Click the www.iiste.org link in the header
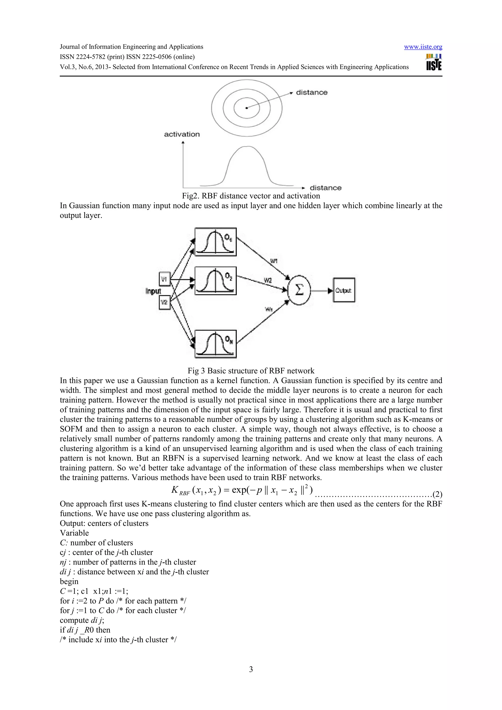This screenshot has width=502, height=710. (423, 47)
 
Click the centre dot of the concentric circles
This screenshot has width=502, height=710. (247, 108)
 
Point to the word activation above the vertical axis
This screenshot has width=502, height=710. (182, 134)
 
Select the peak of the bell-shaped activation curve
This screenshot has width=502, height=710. (247, 146)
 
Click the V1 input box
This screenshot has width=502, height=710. (164, 279)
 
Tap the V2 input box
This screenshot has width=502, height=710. (164, 302)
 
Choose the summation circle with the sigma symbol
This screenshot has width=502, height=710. (299, 290)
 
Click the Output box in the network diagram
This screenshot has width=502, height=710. (344, 290)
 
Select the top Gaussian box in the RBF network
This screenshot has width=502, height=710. (215, 242)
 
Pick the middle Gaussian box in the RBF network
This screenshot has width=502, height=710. (215, 281)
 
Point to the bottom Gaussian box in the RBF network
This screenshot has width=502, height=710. (215, 344)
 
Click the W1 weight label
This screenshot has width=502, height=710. (274, 261)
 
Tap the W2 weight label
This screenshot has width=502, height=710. (268, 281)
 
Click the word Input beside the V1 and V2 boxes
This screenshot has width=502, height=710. (153, 291)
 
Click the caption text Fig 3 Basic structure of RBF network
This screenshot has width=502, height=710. (251, 371)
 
